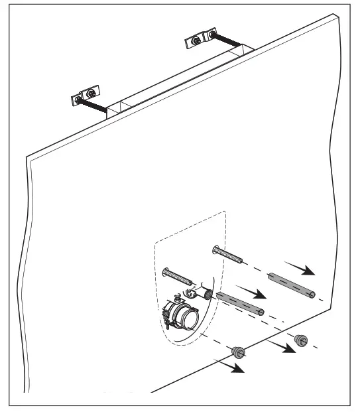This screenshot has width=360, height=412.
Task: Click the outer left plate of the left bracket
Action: [76, 101]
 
